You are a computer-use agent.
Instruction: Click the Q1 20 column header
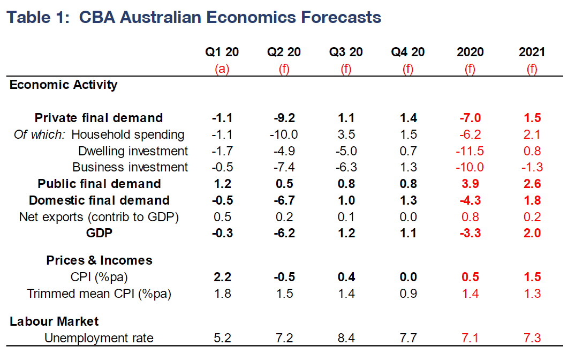222,52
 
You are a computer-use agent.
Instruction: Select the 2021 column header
532,52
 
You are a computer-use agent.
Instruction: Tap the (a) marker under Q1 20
222,69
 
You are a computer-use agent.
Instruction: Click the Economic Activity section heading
63,85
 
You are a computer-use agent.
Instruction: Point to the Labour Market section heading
54,321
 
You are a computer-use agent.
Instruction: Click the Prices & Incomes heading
99,260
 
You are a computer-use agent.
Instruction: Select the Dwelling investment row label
133,151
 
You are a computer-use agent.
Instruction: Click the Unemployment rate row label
99,338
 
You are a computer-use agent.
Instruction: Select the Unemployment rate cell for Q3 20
346,338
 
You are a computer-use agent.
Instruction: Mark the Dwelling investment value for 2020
470,151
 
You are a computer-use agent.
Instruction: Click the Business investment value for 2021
532,167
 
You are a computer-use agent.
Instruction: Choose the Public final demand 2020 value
470,184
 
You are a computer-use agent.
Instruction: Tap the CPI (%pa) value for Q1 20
222,277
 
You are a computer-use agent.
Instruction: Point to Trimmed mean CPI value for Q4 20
408,293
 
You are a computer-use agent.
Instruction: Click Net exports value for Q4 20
408,216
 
